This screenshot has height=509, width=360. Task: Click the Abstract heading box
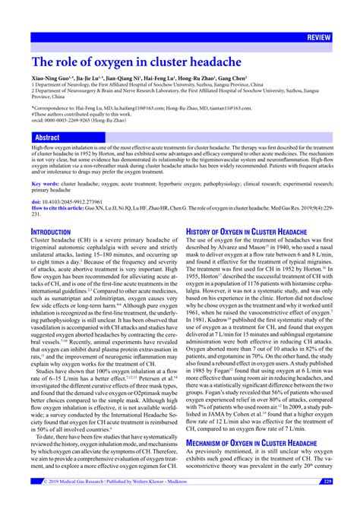[47, 138]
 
